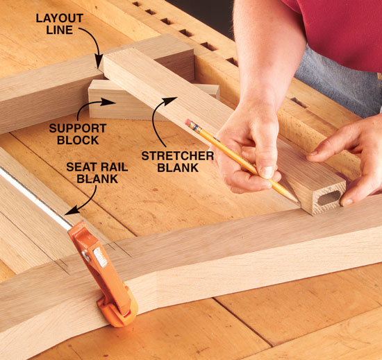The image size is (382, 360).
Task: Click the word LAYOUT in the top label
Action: pos(60,18)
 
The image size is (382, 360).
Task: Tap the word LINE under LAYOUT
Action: pos(60,30)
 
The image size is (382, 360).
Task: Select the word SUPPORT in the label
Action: pos(78,128)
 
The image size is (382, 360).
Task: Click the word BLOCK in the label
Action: pos(78,140)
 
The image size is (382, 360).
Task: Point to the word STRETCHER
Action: pos(178,156)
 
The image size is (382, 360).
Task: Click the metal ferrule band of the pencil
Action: pos(196,127)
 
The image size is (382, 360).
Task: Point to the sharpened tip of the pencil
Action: pos(299,202)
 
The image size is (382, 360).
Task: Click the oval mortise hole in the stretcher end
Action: pos(329,198)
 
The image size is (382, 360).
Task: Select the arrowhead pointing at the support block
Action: pos(108,102)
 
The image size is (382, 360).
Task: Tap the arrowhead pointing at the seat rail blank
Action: pos(72,211)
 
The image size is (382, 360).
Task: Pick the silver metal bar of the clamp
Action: pos(34,197)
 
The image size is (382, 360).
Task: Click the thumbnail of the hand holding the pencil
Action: pos(267,172)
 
